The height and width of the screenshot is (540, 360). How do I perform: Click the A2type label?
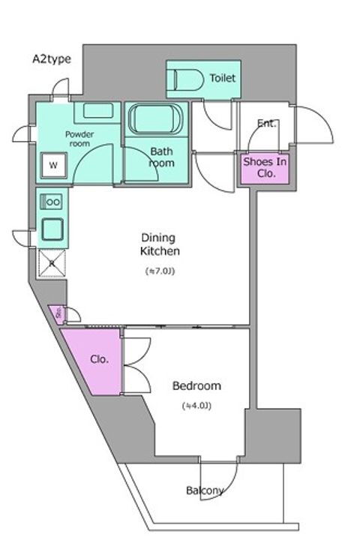point(52,59)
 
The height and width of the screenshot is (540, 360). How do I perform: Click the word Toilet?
point(223,78)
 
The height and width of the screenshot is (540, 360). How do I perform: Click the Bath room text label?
point(162,157)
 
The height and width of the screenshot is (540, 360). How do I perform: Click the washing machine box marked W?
point(54,164)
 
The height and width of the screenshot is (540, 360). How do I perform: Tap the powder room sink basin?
point(98,110)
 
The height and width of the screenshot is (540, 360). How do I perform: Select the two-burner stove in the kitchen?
point(53,201)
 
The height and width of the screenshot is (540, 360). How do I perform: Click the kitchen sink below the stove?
point(53,228)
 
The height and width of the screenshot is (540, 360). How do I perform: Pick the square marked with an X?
point(52,263)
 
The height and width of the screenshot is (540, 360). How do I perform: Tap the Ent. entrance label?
point(266,123)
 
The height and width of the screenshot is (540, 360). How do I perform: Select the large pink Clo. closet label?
point(100,358)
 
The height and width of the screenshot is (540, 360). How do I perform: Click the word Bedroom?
point(196,386)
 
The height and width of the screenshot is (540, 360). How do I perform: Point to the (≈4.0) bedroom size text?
point(196,406)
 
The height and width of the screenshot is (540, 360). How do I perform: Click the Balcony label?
point(205,490)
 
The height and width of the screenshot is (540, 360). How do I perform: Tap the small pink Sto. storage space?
point(56,313)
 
